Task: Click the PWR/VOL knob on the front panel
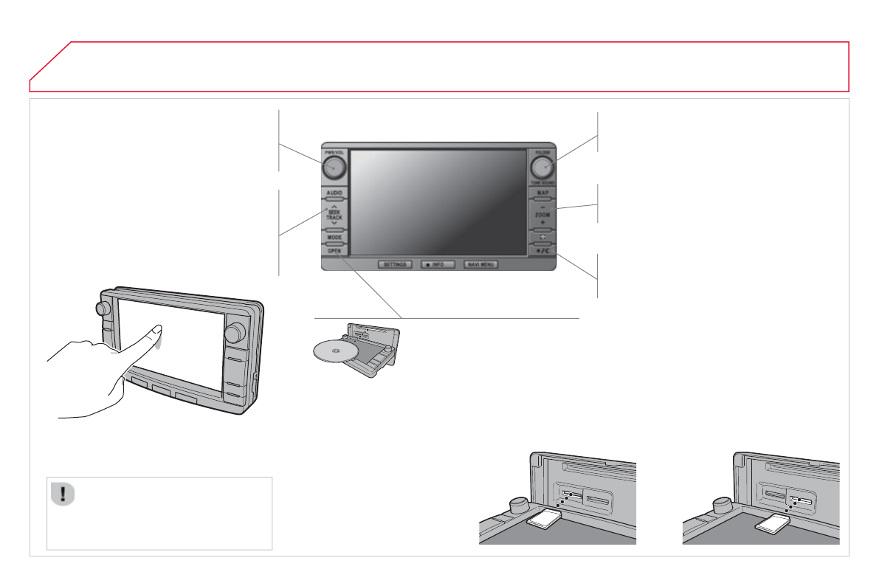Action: click(334, 168)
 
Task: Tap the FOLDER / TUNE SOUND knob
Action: click(542, 168)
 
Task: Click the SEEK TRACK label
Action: click(334, 214)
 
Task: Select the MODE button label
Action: click(334, 238)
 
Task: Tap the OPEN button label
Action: click(334, 252)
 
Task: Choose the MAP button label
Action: click(542, 193)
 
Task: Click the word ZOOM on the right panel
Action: click(542, 214)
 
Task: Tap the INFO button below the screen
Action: click(438, 264)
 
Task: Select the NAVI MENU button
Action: click(480, 264)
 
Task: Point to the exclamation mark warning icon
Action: click(63, 494)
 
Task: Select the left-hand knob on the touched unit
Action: click(103, 307)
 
